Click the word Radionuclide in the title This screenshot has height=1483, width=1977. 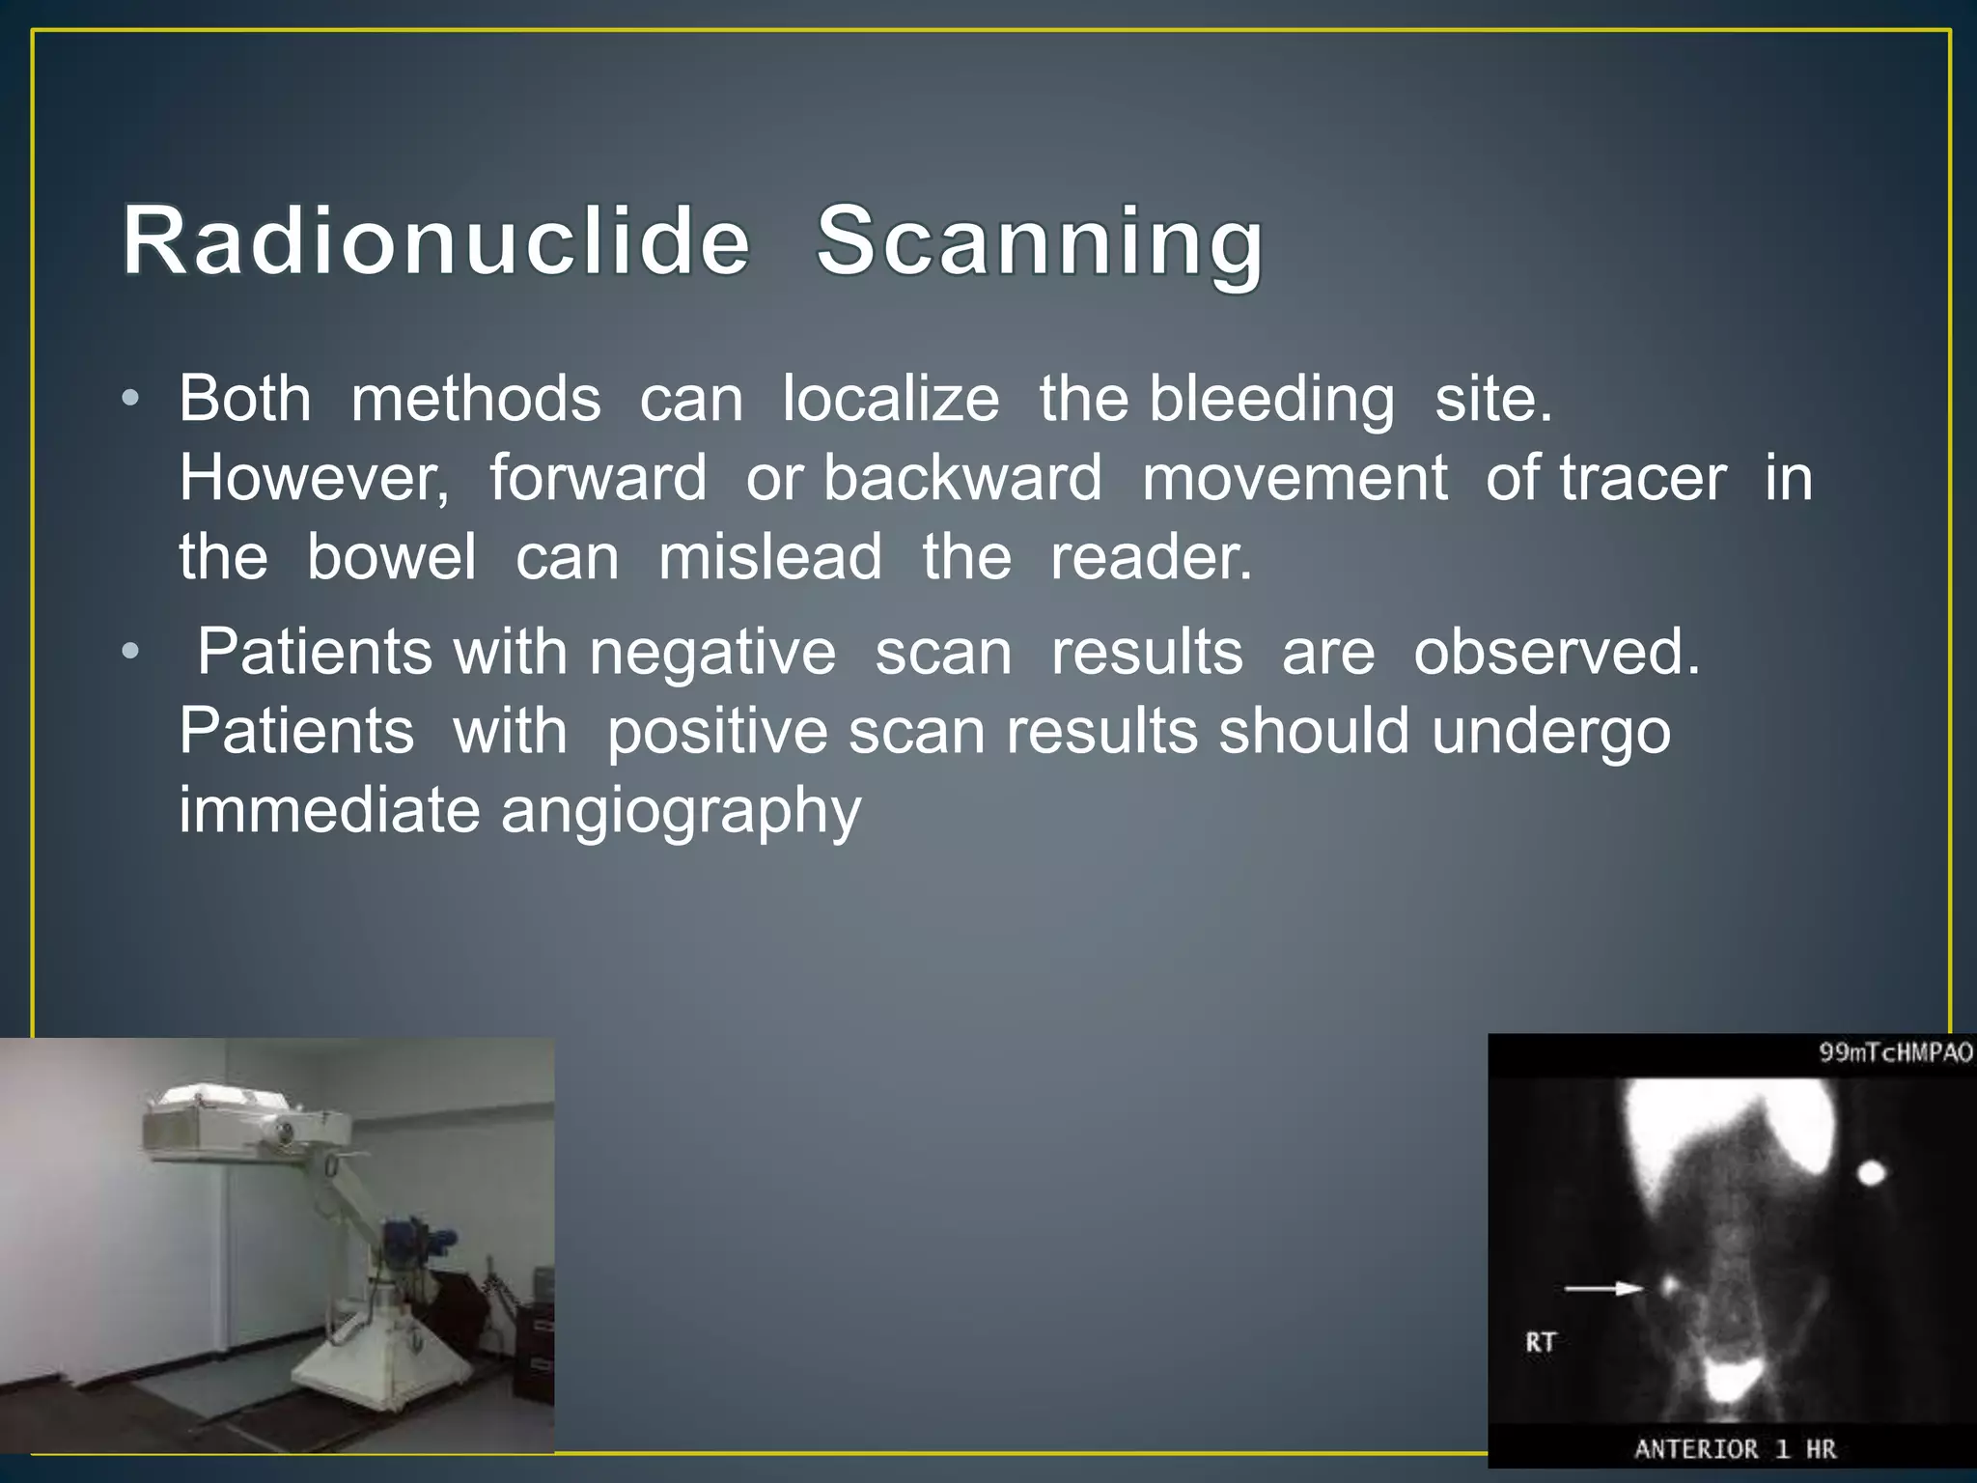coord(435,241)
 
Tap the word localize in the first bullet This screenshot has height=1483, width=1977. coord(890,399)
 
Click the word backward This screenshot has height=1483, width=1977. coord(962,478)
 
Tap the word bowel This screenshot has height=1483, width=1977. coord(391,557)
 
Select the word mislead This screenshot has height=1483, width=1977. coord(769,557)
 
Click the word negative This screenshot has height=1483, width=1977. coord(712,654)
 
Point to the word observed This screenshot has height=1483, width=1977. coord(1556,652)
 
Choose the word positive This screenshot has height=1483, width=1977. coord(717,733)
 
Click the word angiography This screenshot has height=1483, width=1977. coord(681,812)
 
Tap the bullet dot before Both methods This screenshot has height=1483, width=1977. coord(131,399)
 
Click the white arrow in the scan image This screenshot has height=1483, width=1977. coord(1602,1288)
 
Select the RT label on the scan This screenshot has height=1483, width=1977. coord(1541,1342)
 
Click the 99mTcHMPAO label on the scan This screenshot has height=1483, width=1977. coord(1895,1052)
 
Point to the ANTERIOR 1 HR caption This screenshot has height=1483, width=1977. coord(1735,1449)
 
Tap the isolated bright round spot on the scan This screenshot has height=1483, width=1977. coord(1872,1173)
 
